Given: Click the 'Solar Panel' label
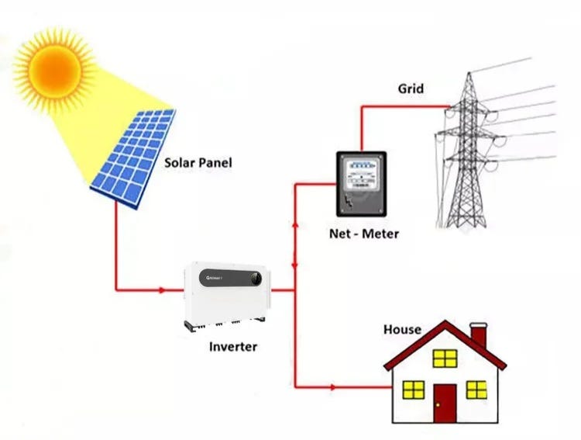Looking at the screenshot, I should point(198,164).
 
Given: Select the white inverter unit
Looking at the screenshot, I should point(227,293).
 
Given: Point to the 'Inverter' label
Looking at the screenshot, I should point(232,346).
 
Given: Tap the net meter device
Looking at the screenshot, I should point(360,183).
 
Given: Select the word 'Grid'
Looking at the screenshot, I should point(411,88).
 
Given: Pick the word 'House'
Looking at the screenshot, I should point(402,330).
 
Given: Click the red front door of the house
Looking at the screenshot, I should point(445,401).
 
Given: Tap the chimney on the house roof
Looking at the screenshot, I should point(479,335).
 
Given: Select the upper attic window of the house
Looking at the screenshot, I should point(445,358).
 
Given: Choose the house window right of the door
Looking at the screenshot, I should point(476,389).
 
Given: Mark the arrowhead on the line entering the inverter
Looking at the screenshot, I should point(161,290).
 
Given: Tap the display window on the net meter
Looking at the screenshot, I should point(360,166).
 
